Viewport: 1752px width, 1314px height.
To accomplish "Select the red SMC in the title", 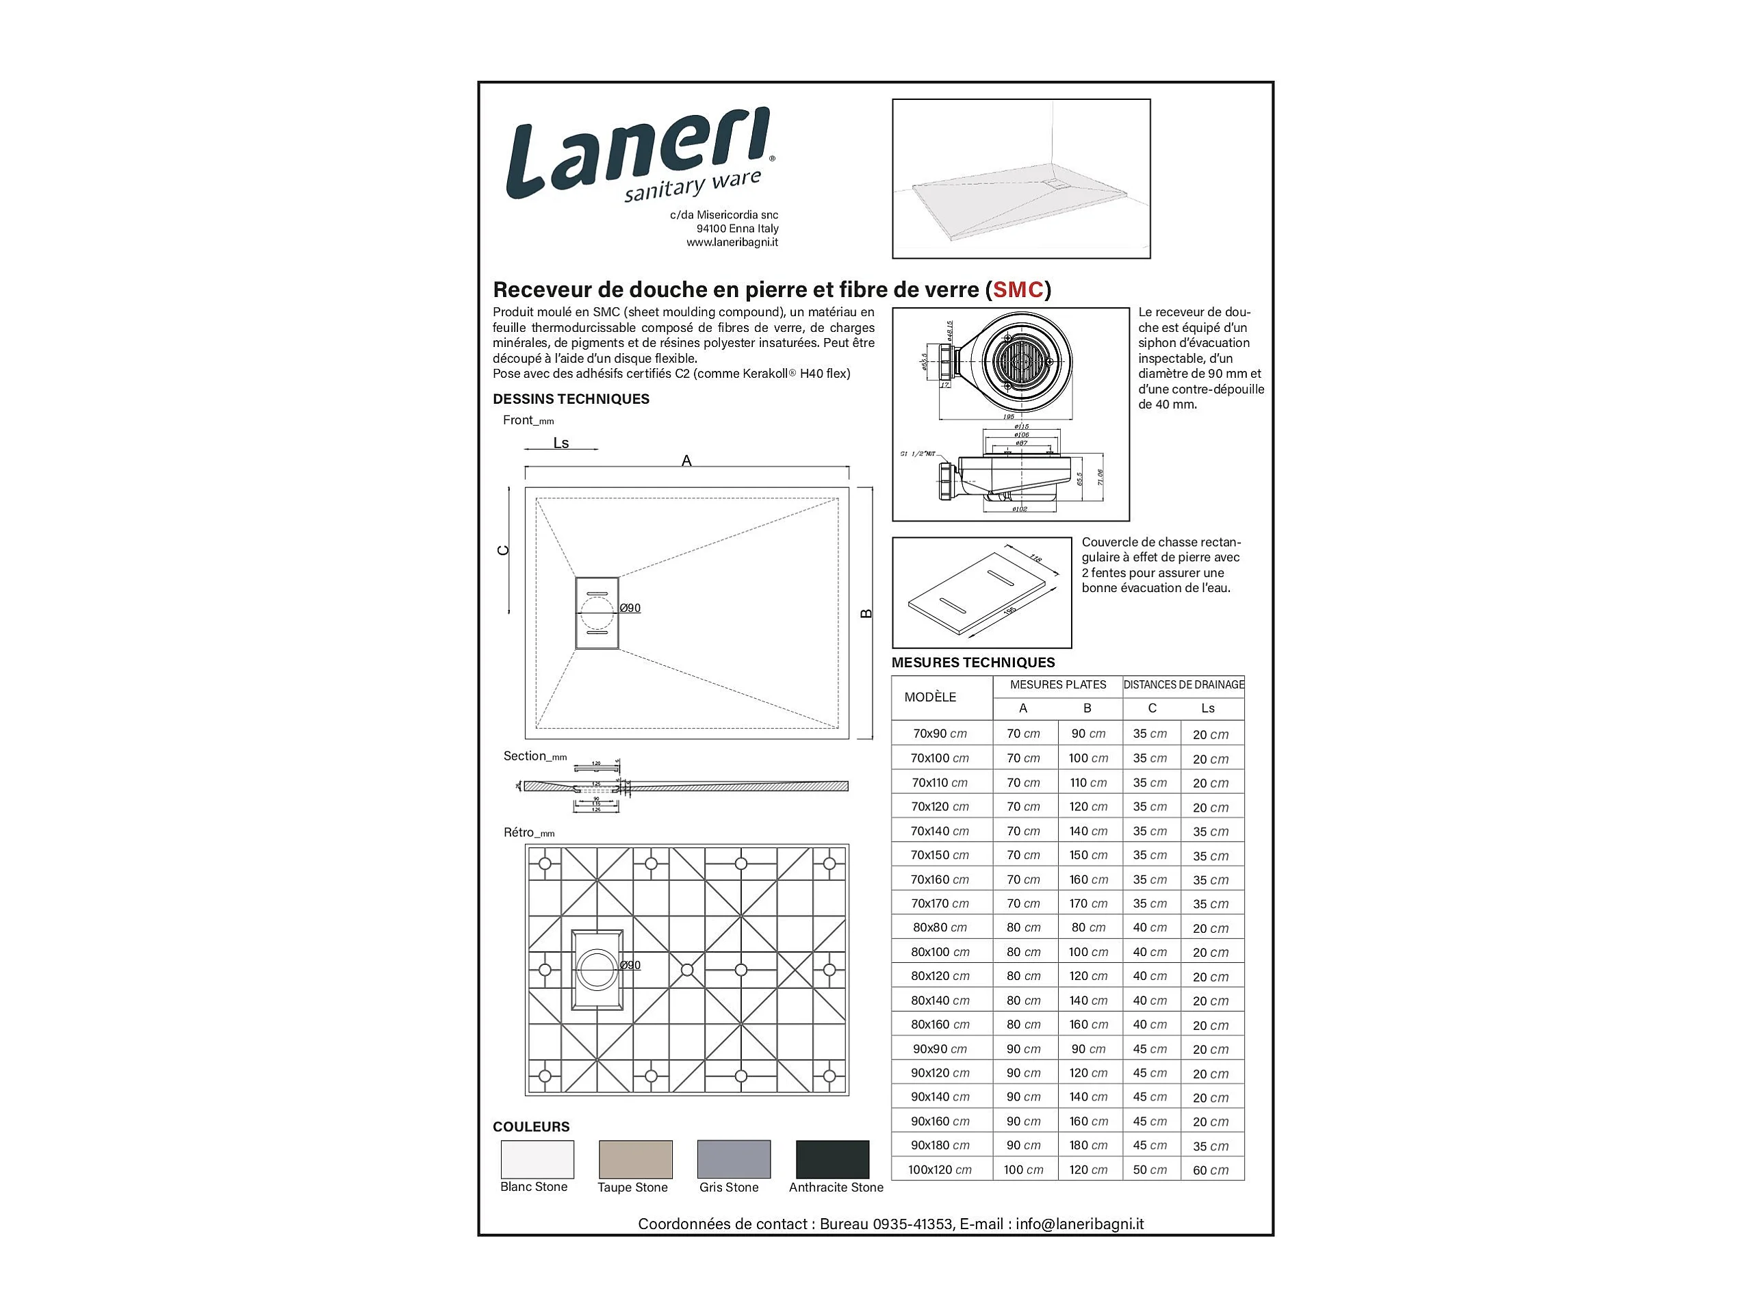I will click(x=1017, y=290).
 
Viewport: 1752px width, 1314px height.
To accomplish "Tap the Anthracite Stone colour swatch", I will click(x=832, y=1159).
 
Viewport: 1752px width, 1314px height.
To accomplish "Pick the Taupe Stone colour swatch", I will click(x=635, y=1159).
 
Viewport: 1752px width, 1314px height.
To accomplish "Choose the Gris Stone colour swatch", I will click(x=734, y=1159).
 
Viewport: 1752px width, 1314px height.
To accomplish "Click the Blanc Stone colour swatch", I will click(x=537, y=1159).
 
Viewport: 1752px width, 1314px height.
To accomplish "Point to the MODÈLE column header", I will click(x=930, y=697).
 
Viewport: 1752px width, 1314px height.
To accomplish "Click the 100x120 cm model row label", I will click(x=940, y=1170).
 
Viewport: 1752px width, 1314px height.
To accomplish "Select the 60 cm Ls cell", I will click(x=1210, y=1170).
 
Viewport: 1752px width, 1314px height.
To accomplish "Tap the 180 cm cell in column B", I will click(x=1088, y=1145).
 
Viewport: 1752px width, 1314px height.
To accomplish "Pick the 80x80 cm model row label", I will click(x=940, y=927).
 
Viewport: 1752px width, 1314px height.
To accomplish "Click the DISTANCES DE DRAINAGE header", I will click(x=1183, y=684).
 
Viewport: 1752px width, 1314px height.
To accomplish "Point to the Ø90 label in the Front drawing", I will click(x=630, y=608).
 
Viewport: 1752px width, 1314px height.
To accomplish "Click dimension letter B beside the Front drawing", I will click(x=866, y=614).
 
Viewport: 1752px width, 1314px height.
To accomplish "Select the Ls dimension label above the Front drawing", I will click(x=561, y=443).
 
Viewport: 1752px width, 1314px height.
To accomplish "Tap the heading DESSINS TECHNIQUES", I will click(x=570, y=399).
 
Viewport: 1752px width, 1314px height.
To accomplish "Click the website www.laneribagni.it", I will click(x=732, y=242).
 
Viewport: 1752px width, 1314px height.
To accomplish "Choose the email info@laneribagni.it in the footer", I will click(x=1079, y=1224).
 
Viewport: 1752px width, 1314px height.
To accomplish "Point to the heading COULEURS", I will click(x=530, y=1126).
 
